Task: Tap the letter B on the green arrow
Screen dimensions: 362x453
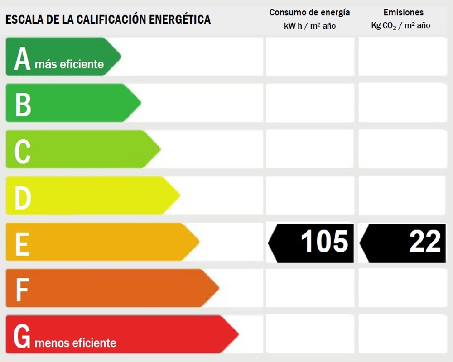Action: click(23, 104)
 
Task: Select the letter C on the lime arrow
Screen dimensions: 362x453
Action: click(22, 151)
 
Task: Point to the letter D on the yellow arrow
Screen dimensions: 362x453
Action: click(23, 198)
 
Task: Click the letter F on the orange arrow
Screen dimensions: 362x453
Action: click(22, 290)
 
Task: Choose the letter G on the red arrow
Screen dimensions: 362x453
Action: click(22, 337)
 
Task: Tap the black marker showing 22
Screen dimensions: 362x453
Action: click(403, 243)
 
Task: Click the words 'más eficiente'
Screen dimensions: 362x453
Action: click(69, 64)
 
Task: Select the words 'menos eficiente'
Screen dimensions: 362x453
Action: click(75, 343)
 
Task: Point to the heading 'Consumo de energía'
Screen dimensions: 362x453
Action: click(309, 13)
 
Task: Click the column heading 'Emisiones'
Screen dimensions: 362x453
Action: click(403, 13)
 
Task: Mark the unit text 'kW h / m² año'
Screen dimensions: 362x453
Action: click(309, 26)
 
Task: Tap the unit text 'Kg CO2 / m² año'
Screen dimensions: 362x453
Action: click(400, 26)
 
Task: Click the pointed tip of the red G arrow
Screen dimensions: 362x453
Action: click(237, 334)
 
